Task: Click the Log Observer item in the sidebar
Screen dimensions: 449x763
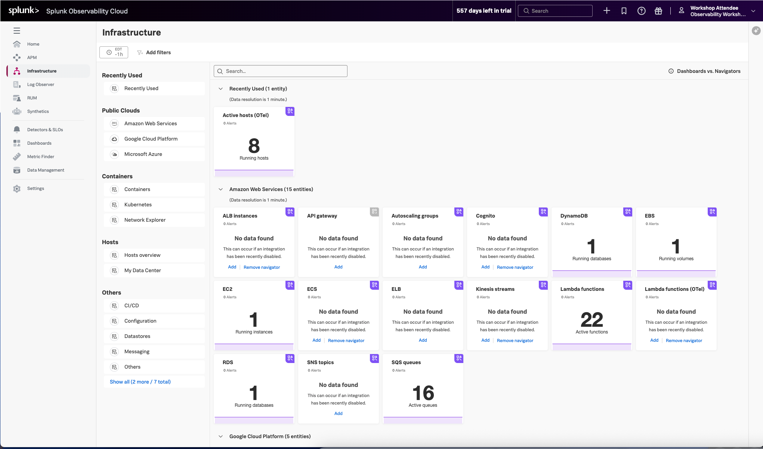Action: [x=40, y=84]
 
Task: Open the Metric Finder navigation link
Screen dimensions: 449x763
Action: [x=40, y=157]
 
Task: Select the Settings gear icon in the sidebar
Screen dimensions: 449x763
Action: [x=17, y=189]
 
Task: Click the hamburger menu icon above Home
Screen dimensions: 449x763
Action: [x=17, y=31]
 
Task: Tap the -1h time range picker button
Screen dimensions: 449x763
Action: [x=114, y=52]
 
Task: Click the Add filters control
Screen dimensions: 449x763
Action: [x=154, y=53]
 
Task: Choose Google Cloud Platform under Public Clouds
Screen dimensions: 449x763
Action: [x=151, y=139]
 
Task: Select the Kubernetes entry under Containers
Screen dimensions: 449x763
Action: [x=138, y=204]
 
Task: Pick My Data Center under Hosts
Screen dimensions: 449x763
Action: [x=142, y=270]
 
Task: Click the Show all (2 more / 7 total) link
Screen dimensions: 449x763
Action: [x=140, y=382]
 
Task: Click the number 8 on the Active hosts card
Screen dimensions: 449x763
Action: [x=254, y=146]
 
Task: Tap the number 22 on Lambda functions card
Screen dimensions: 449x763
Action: [x=592, y=320]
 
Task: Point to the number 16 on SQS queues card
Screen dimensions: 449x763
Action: [x=423, y=393]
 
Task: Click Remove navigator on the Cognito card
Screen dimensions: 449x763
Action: [x=515, y=267]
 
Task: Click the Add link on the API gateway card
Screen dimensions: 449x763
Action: [x=338, y=267]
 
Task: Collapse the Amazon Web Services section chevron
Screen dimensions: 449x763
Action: [x=221, y=189]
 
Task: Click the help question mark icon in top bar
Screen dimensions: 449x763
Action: [x=641, y=11]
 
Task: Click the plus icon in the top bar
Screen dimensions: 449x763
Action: [x=607, y=11]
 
